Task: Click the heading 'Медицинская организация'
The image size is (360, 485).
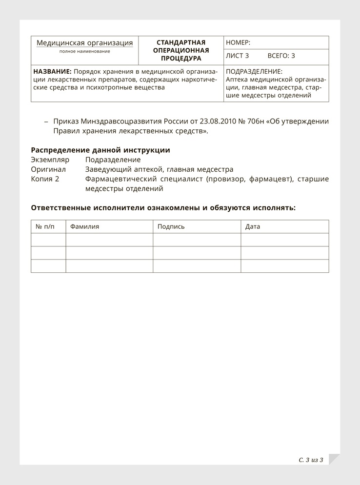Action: tap(85, 43)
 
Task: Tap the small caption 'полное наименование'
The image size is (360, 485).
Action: tap(85, 51)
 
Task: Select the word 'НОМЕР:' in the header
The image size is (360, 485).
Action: tap(238, 43)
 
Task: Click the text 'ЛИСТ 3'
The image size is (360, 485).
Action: tap(238, 56)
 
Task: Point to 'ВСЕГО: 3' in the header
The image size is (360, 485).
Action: tap(281, 56)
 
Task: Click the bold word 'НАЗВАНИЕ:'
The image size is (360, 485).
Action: tap(52, 71)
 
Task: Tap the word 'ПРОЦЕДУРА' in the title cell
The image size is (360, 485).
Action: tap(181, 59)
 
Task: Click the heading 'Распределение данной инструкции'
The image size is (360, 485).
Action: tap(100, 150)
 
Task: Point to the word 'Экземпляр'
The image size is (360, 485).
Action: tap(50, 160)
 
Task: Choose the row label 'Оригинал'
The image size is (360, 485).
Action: tap(48, 169)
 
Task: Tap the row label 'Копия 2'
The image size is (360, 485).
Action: tap(45, 179)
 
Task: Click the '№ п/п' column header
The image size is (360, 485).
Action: tap(45, 227)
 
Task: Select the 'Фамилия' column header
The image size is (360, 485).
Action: tap(85, 227)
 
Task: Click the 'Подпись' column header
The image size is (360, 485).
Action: tap(171, 227)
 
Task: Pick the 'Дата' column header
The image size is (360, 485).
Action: tap(253, 227)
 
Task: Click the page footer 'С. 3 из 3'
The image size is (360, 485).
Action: tap(311, 460)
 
